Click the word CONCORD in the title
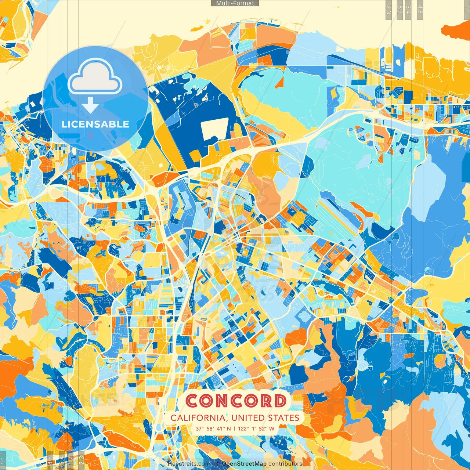[x=236, y=401]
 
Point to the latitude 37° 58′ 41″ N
[x=213, y=429]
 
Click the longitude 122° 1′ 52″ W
[x=256, y=429]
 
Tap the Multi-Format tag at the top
[x=235, y=3]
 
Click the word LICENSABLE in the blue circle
[x=95, y=124]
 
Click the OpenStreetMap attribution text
[x=244, y=464]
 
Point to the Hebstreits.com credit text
[x=189, y=464]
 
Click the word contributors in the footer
[x=285, y=464]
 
